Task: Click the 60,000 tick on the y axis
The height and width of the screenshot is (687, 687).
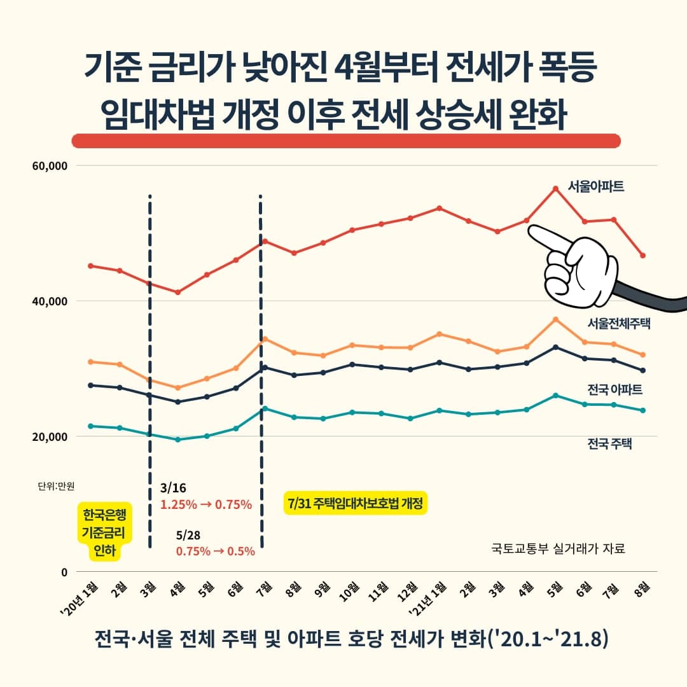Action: (x=50, y=166)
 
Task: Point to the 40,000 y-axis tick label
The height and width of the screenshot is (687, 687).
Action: (x=50, y=301)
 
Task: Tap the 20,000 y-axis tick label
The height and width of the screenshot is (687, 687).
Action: (x=50, y=436)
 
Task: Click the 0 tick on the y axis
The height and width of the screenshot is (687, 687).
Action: (x=64, y=572)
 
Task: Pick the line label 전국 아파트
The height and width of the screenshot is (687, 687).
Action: (x=615, y=389)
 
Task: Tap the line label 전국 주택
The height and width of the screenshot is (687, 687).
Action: (x=610, y=443)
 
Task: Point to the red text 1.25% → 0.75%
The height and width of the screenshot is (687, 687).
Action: (x=206, y=505)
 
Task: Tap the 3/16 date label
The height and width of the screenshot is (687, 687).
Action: (x=174, y=489)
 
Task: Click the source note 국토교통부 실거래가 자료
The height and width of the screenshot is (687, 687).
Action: (x=559, y=548)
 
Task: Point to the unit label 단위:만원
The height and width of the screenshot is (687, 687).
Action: (x=56, y=487)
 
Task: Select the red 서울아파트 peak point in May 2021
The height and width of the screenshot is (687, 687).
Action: (x=555, y=188)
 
